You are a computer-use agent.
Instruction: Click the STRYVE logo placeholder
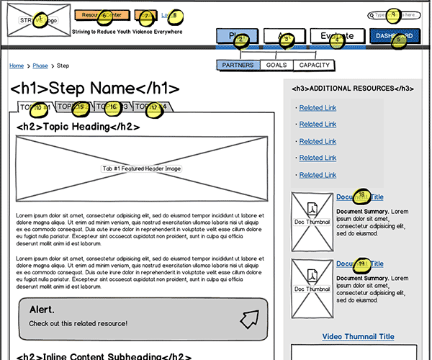click(x=39, y=21)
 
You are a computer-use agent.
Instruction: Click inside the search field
click(x=396, y=14)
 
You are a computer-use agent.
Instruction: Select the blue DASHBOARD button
click(x=394, y=37)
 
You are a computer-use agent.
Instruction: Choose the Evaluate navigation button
click(x=337, y=36)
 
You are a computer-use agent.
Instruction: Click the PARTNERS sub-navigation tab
click(x=238, y=66)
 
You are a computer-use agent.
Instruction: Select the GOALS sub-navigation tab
click(x=276, y=66)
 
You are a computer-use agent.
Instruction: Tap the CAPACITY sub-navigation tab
click(x=315, y=66)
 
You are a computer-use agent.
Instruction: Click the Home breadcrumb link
click(x=16, y=66)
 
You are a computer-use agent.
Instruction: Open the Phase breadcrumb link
click(x=40, y=66)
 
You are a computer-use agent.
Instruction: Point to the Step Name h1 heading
click(x=95, y=89)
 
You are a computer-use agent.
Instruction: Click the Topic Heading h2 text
click(x=78, y=127)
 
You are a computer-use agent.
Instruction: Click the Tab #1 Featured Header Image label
click(x=141, y=168)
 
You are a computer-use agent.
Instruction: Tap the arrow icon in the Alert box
click(x=249, y=318)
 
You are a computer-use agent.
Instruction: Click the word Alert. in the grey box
click(x=42, y=310)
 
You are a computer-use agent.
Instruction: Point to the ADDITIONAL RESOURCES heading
click(x=352, y=89)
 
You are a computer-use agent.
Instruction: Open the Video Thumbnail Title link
click(x=358, y=337)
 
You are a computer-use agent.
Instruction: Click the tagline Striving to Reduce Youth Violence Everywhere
click(x=127, y=32)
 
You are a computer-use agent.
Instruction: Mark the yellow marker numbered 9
click(x=392, y=14)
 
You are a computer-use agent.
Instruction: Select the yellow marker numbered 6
click(x=103, y=15)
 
